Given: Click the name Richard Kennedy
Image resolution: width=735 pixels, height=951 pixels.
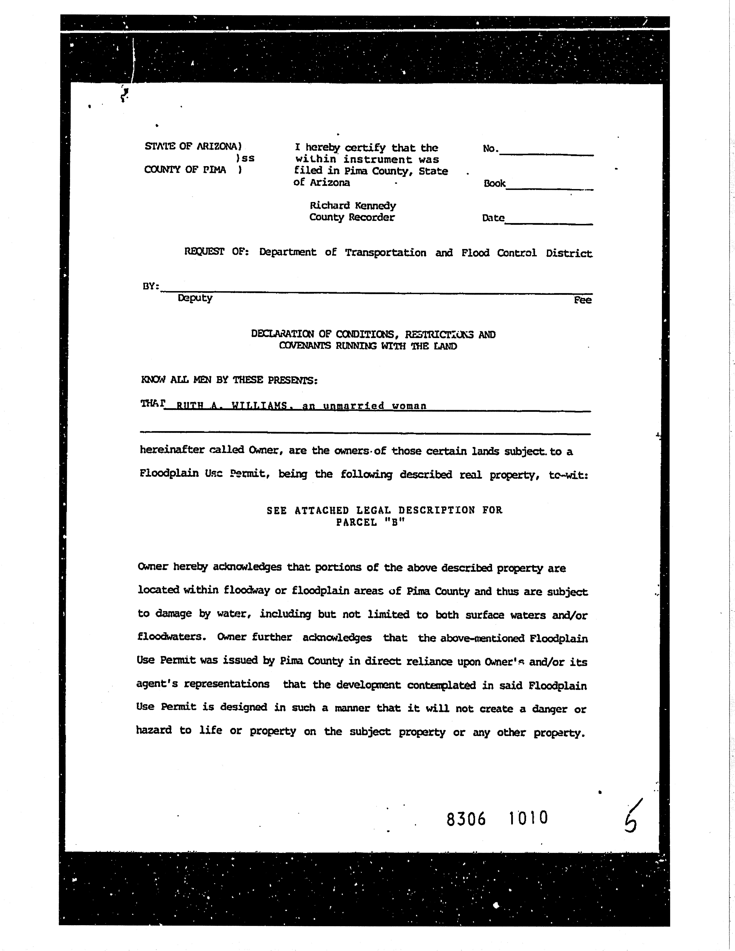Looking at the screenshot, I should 353,205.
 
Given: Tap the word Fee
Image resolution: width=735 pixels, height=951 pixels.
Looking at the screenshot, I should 583,300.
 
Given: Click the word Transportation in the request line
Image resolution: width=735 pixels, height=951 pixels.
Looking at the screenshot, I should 385,253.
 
